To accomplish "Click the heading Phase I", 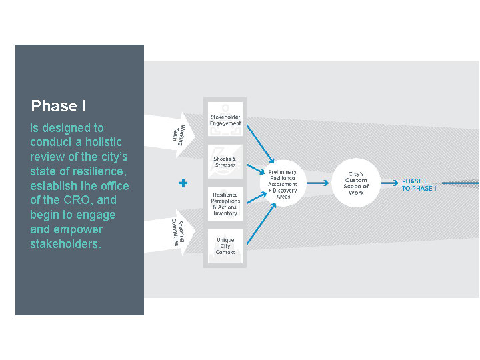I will (59, 106).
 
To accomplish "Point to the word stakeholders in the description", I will (65, 244).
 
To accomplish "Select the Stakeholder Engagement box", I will (225, 120).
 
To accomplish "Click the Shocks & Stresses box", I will (225, 163).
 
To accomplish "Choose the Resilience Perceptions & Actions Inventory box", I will (225, 204).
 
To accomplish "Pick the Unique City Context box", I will (225, 246).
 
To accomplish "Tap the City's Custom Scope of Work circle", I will (356, 183).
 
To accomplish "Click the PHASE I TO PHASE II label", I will (419, 185).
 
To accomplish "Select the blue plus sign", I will (183, 183).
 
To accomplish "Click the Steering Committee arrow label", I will (176, 231).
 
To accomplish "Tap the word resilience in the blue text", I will (99, 171).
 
